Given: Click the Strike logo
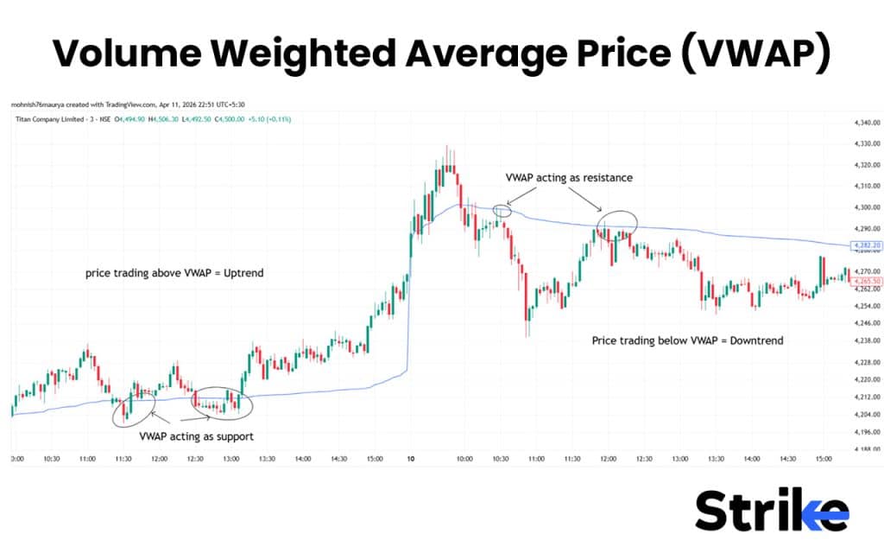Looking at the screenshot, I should (772, 511).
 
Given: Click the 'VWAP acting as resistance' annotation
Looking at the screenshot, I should (569, 177).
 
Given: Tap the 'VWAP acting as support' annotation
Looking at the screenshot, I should (196, 436).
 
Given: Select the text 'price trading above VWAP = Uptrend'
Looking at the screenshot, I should (174, 273).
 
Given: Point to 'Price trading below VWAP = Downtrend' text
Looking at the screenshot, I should (687, 340).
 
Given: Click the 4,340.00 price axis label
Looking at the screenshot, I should (863, 123).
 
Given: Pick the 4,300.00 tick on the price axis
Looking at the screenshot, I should (863, 207).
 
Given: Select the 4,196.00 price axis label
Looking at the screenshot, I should (863, 431).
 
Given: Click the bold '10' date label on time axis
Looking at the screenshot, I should (413, 459).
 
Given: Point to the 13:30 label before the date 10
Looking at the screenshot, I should (266, 459).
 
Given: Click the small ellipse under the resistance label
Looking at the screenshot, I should (502, 209).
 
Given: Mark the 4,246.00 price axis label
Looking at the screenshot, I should (863, 324).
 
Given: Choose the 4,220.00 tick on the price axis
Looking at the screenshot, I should (863, 379).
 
